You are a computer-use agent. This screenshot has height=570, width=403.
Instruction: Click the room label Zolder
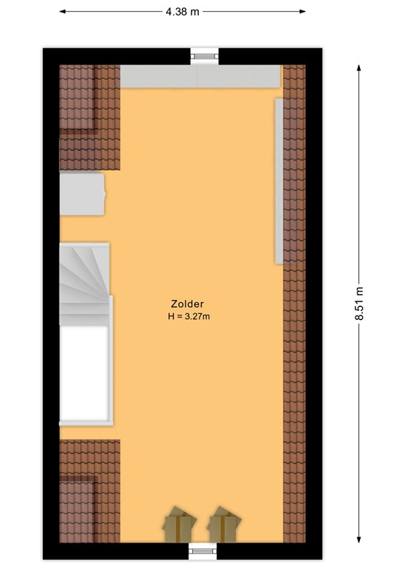pos(187,304)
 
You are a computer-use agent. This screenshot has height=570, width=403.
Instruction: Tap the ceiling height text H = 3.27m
pos(189,316)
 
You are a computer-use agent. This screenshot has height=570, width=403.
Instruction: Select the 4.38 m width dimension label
pos(183,12)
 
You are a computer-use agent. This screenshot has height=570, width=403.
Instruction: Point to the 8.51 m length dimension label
pos(359,303)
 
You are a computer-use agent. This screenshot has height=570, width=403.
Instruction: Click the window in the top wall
pos(205,56)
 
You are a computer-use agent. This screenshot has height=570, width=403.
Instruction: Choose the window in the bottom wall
pos(203,551)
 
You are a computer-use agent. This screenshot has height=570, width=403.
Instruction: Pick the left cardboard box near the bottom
pos(179,525)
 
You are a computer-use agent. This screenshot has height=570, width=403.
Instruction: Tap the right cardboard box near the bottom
pos(224,525)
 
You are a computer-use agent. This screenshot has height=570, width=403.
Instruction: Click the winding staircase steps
pos(85,284)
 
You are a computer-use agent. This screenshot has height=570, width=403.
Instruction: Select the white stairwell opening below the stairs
pos(85,373)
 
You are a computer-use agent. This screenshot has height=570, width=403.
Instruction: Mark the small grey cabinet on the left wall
pos(82,194)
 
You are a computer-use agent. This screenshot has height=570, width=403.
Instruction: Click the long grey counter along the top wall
pos(200,76)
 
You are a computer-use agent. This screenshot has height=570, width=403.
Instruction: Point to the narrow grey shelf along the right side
pos(279,181)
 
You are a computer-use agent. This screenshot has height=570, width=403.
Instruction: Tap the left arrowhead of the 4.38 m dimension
pos(62,12)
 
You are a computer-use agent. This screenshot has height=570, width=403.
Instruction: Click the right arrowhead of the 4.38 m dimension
pos(302,12)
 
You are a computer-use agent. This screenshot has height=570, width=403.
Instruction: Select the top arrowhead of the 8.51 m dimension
pos(359,68)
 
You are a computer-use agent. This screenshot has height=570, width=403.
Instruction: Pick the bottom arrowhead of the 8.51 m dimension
pos(359,540)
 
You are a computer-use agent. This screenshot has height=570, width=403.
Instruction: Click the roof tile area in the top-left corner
pos(90,117)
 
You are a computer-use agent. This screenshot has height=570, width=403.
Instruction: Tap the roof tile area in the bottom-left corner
pos(90,491)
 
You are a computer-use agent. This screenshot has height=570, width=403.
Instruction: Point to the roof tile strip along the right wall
pos(295,304)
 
